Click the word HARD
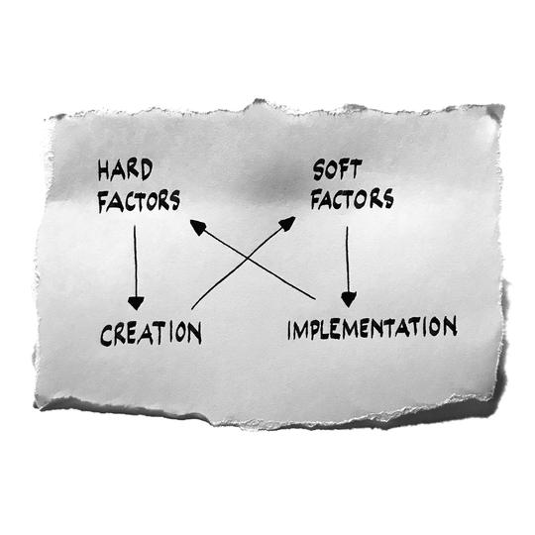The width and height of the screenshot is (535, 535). coord(125,169)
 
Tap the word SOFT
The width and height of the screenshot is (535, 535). coord(337,169)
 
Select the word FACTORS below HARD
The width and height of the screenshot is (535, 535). coord(139,200)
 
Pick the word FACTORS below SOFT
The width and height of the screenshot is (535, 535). coord(352,198)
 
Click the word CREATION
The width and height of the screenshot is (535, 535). coord(151,333)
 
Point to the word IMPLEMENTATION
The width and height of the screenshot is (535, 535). coord(373,328)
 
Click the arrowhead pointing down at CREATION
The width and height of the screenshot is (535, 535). coord(136,303)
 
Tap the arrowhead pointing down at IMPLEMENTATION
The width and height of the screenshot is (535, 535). coord(349,300)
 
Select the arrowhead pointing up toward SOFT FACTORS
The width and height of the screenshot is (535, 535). coord(287,224)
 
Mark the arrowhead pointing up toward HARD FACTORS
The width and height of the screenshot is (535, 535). coord(198,227)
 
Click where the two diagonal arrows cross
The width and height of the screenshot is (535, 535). coord(247,259)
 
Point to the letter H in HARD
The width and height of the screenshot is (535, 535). coord(104,170)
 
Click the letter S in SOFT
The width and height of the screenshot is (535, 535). coord(319,170)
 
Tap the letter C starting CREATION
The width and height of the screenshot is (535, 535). coord(106,335)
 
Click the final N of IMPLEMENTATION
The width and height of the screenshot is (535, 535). coord(451,326)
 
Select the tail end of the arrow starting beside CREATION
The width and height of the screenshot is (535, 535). coord(192,309)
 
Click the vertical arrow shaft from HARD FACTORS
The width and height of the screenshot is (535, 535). coord(135,262)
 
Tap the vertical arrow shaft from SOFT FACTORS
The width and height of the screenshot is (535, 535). coord(348,260)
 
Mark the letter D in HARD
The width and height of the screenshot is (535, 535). coord(147,169)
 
